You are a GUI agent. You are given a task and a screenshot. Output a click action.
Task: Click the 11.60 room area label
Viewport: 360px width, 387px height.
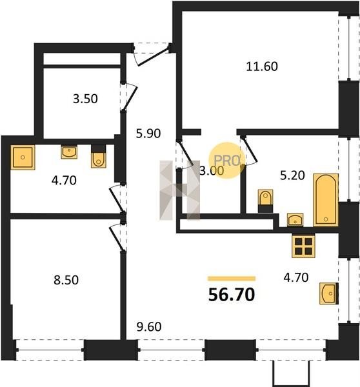(x=262, y=66)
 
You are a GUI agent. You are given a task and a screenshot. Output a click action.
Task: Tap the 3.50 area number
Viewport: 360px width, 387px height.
(x=85, y=99)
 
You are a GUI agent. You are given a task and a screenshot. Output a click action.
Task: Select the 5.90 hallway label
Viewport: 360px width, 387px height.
(x=148, y=134)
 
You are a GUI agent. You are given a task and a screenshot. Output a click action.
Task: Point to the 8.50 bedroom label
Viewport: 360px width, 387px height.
(x=66, y=280)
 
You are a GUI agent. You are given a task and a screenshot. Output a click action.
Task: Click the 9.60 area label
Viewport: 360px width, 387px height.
(x=149, y=326)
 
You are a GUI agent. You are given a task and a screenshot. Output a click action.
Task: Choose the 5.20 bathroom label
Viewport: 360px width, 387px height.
(x=292, y=175)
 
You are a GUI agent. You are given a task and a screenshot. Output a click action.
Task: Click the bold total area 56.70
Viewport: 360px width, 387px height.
(x=232, y=295)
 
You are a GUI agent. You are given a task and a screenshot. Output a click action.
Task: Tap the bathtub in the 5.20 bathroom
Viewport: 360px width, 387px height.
(x=326, y=200)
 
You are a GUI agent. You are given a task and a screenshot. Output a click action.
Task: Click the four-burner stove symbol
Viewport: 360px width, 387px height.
(x=303, y=246)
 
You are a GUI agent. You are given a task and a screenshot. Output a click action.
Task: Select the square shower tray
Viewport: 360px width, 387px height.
(x=23, y=157)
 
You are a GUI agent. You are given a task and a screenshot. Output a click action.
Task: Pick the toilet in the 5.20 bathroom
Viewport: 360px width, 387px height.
(x=265, y=201)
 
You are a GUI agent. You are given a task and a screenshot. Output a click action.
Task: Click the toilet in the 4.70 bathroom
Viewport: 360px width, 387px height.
(x=99, y=157)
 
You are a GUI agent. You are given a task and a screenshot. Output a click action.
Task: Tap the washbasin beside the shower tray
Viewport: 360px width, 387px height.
(x=69, y=152)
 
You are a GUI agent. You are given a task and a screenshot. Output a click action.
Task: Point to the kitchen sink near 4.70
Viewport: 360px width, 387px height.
(x=329, y=293)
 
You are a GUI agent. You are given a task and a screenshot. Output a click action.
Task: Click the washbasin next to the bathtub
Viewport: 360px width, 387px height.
(x=295, y=220)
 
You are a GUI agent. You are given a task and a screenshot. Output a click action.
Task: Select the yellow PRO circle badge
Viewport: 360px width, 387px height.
(x=227, y=160)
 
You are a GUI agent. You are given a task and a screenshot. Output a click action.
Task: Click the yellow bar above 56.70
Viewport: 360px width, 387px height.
(x=232, y=279)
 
